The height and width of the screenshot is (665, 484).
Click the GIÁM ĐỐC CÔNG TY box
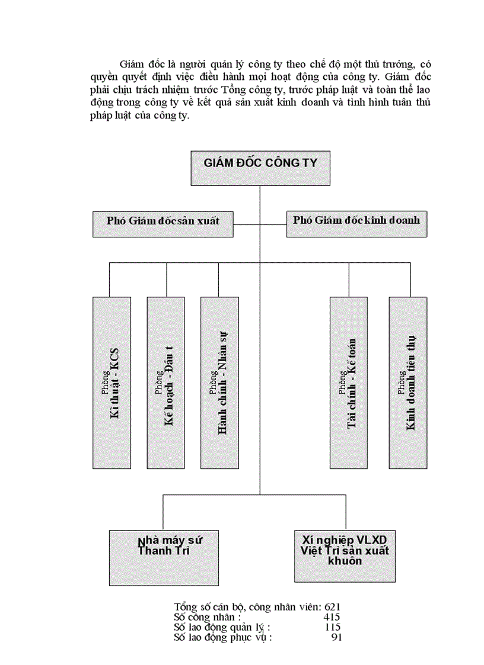point(260,168)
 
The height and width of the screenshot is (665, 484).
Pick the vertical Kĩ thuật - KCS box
point(112,382)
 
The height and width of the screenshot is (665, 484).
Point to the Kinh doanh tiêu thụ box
point(408,382)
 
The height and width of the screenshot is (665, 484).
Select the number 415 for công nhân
point(332,617)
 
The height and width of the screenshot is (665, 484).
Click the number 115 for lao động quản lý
point(332,627)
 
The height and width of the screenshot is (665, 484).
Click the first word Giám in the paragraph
point(132,63)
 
